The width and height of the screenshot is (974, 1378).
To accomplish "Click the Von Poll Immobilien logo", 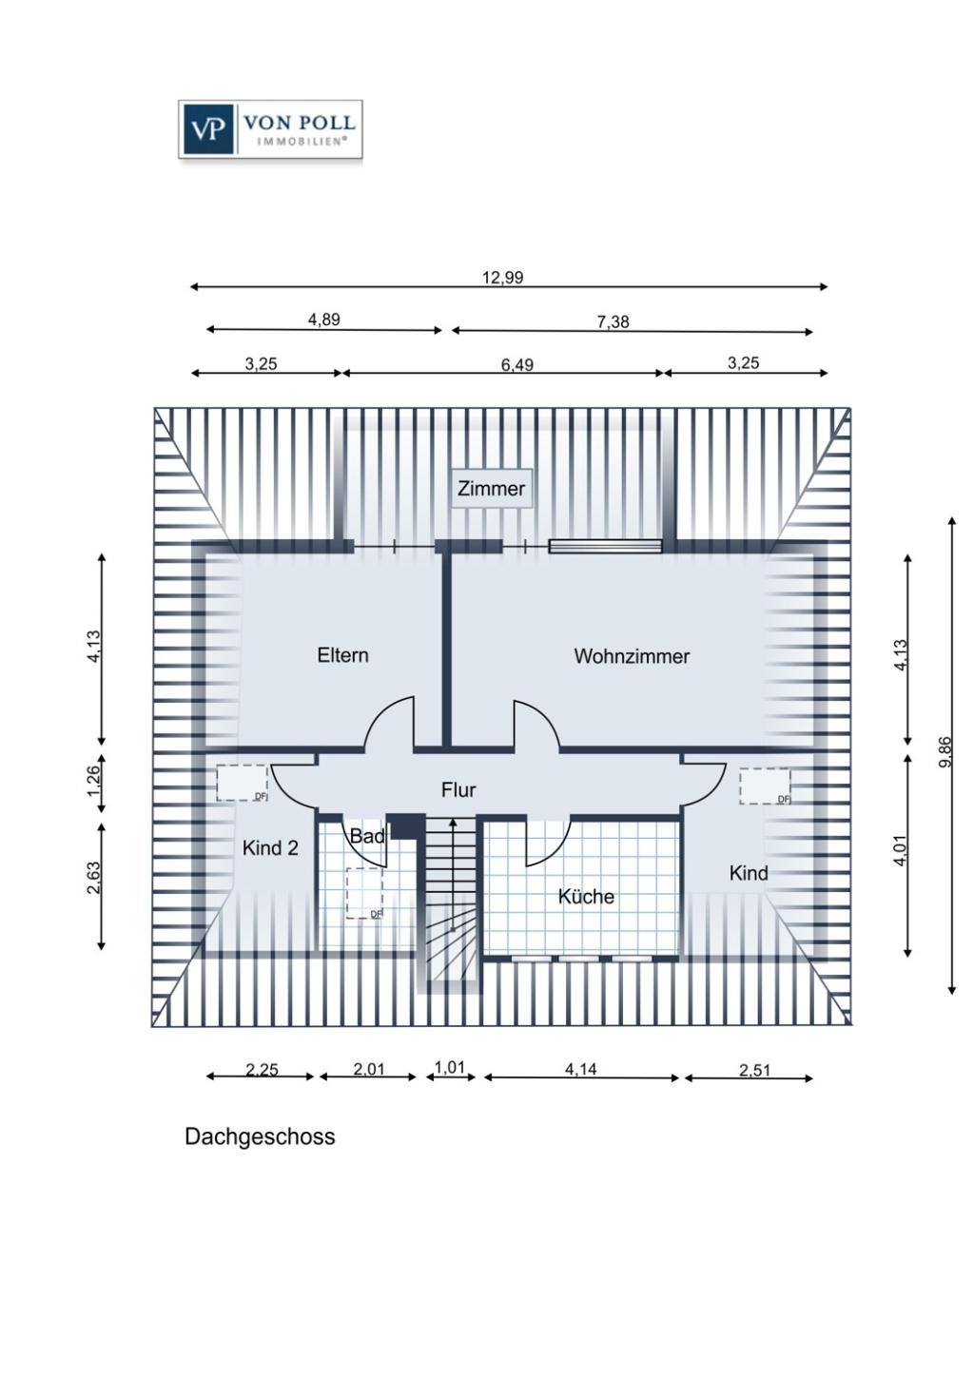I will pos(270,129).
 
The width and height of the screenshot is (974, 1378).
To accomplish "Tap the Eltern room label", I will pos(342,655).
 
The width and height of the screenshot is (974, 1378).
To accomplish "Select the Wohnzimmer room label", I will pos(632,656).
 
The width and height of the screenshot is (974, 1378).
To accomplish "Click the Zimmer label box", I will pos(492,489).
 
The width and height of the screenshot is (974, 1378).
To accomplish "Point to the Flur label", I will pos(458,790).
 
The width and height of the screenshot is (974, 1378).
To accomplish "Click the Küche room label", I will pos(586,897).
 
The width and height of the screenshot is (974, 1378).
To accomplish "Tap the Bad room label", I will pos(367,837).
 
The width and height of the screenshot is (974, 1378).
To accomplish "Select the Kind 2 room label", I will pos(270,848).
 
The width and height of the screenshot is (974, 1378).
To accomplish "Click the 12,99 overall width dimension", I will pos(502,278).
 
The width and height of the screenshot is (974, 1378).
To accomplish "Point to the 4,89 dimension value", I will pos(323,320).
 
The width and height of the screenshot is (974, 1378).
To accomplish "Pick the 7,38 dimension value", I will pos(613,321).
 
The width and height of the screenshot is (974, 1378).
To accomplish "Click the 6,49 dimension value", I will pos(517,364).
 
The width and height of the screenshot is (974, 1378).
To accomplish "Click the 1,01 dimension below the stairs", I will pos(450,1067).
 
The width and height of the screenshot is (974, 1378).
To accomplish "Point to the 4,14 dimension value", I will pos(580,1069).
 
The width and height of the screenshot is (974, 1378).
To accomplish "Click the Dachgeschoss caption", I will pos(260,1137).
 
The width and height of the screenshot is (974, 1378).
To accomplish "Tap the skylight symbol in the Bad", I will pos(364,893).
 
